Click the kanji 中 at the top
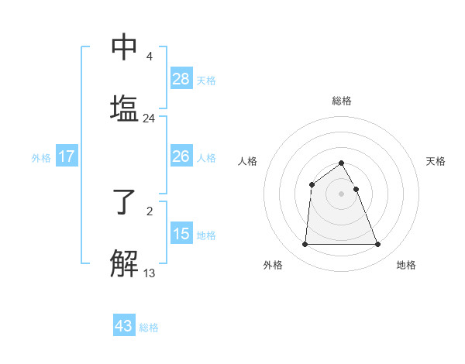click(125, 47)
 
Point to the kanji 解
click(125, 263)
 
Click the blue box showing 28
click(181, 78)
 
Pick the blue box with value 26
click(181, 156)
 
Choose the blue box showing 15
click(181, 233)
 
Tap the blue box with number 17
click(67, 156)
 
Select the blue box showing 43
click(124, 325)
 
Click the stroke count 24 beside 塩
click(149, 118)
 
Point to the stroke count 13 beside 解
click(149, 273)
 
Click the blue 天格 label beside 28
click(206, 80)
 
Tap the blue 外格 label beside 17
click(41, 157)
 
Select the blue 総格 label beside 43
click(149, 327)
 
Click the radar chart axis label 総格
click(342, 101)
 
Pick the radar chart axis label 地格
click(406, 265)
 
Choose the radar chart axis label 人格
click(248, 161)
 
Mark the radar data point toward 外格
click(305, 245)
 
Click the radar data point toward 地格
click(378, 245)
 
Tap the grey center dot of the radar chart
click(342, 193)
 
